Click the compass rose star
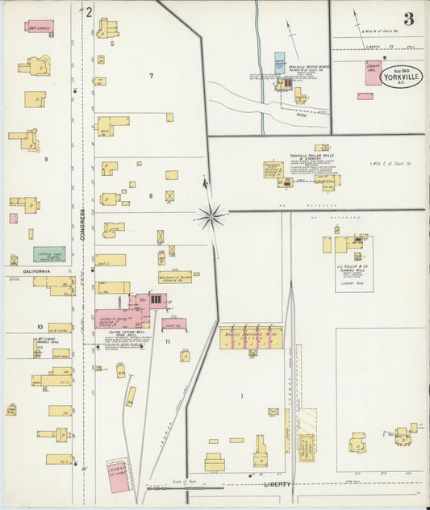pyautogui.click(x=211, y=215)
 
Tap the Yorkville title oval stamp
pyautogui.click(x=401, y=75)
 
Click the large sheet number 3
pyautogui.click(x=410, y=19)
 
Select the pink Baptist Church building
pyautogui.click(x=40, y=26)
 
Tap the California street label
pyautogui.click(x=35, y=272)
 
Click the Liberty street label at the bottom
pyautogui.click(x=276, y=484)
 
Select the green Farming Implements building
pyautogui.click(x=48, y=255)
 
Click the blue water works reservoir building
pyautogui.click(x=280, y=63)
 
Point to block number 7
pyautogui.click(x=150, y=75)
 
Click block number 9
pyautogui.click(x=46, y=159)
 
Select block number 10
pyautogui.click(x=39, y=327)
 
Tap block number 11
pyautogui.click(x=168, y=342)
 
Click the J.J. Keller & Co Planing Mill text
pyautogui.click(x=353, y=267)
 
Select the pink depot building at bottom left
pyautogui.click(x=118, y=475)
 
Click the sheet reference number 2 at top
pyautogui.click(x=90, y=12)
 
